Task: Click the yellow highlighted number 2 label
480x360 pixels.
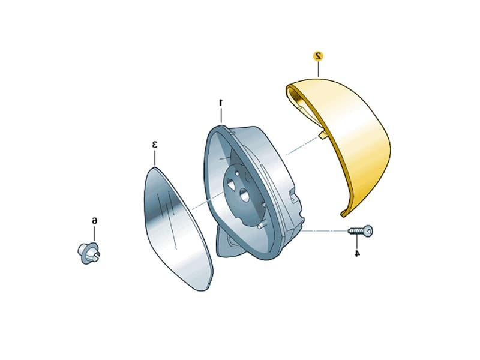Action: [x=319, y=56]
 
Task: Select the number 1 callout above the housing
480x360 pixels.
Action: [x=221, y=103]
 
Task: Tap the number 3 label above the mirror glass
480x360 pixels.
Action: [x=155, y=145]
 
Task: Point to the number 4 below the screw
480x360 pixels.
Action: [x=357, y=253]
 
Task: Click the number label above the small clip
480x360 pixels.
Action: [x=95, y=221]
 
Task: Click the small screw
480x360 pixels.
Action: [x=361, y=230]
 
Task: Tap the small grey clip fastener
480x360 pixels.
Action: [x=89, y=253]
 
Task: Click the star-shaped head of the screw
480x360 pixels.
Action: [x=369, y=230]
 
